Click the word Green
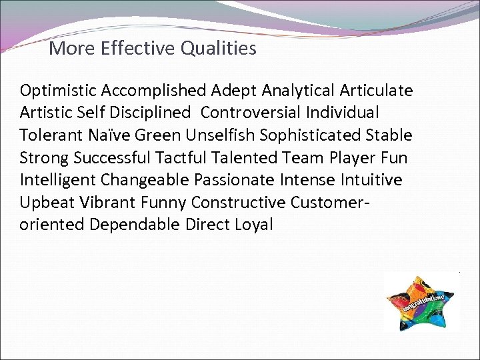(157, 135)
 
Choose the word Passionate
(233, 180)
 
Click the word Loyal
(254, 225)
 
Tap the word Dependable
(134, 225)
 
